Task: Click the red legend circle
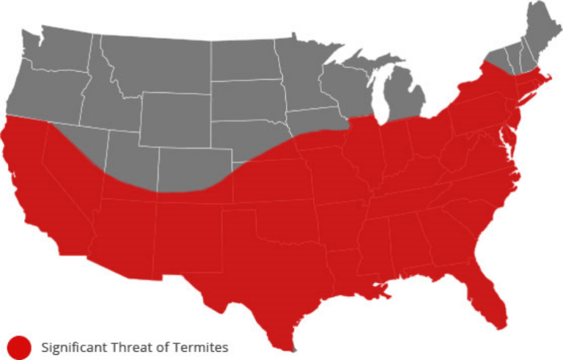point(20,347)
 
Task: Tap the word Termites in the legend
point(202,347)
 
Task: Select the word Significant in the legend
point(70,347)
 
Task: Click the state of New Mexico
point(187,235)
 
